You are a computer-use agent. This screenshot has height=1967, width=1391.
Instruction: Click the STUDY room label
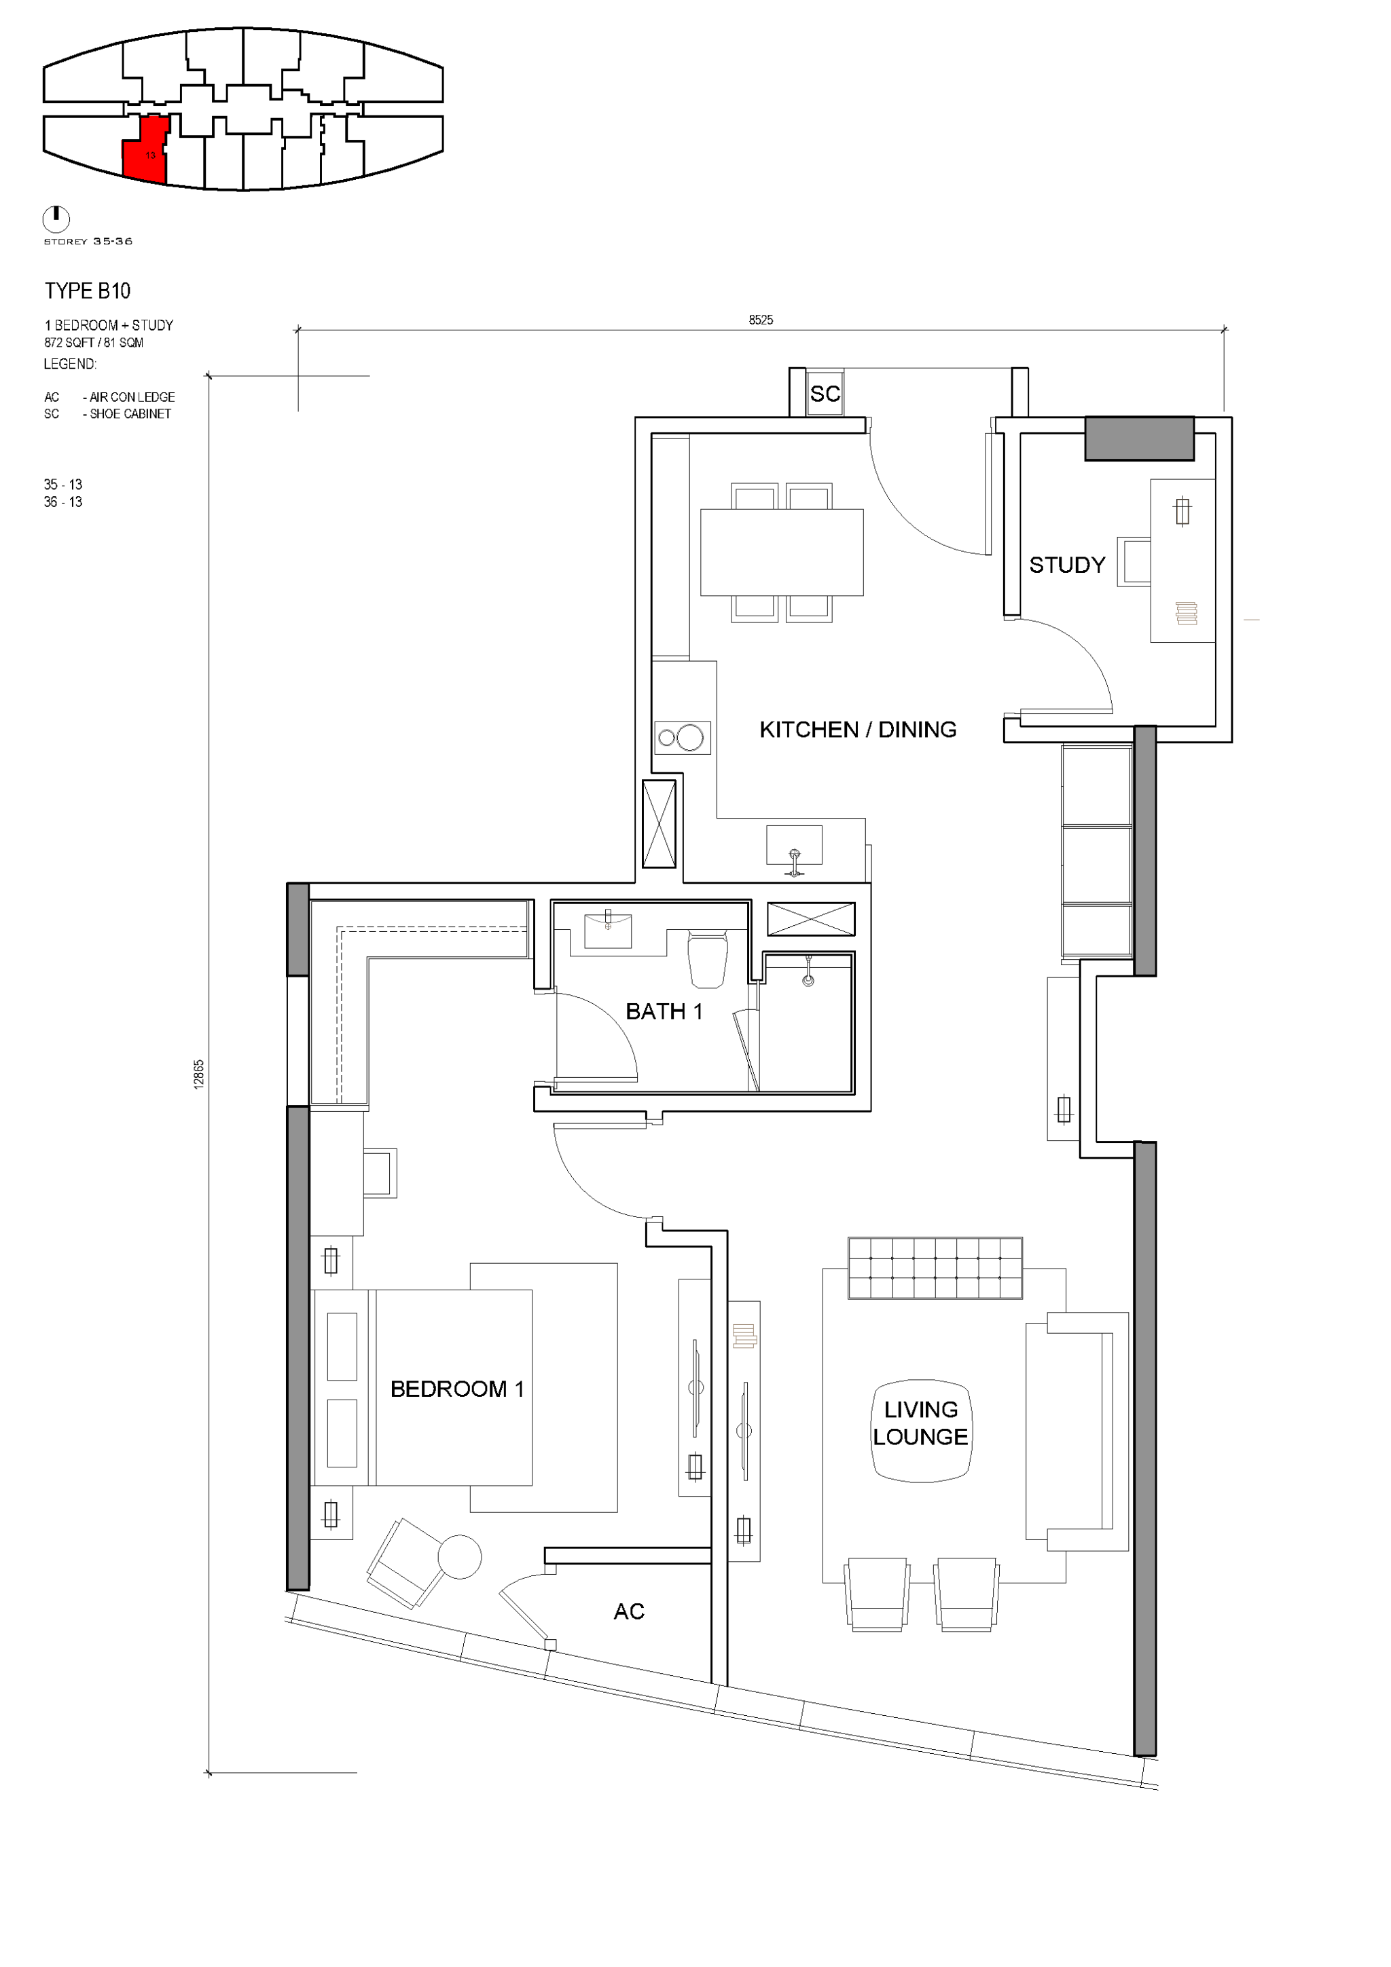click(1067, 565)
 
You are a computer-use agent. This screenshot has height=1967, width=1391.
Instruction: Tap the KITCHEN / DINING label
click(858, 730)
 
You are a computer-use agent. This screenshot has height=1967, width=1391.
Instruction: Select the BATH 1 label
click(664, 1012)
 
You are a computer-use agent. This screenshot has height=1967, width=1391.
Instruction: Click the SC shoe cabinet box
click(825, 393)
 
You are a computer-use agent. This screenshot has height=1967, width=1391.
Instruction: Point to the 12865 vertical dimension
click(200, 1074)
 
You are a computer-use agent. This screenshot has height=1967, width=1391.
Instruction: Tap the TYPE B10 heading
click(88, 291)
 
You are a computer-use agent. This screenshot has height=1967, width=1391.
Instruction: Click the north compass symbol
click(56, 219)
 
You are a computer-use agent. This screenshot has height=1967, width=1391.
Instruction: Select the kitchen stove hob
click(682, 736)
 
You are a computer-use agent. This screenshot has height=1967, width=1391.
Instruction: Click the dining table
click(782, 552)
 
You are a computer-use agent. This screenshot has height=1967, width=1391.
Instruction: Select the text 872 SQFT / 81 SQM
click(94, 343)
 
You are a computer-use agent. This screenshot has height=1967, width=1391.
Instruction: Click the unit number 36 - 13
click(63, 502)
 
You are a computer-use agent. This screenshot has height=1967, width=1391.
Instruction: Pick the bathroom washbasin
click(609, 931)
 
